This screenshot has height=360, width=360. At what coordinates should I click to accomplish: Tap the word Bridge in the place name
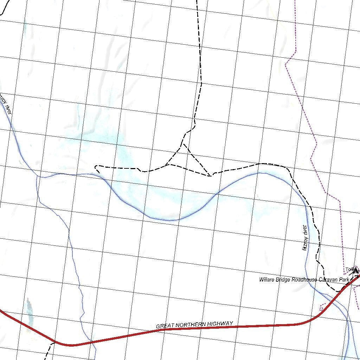point(284,280)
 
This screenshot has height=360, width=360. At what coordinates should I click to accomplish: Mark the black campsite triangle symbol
point(355,270)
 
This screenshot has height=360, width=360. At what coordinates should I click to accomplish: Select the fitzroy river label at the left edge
point(6,104)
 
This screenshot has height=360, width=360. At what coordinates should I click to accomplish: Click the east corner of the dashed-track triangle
point(210,175)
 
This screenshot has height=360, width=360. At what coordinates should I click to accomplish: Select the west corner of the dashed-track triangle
point(168,164)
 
